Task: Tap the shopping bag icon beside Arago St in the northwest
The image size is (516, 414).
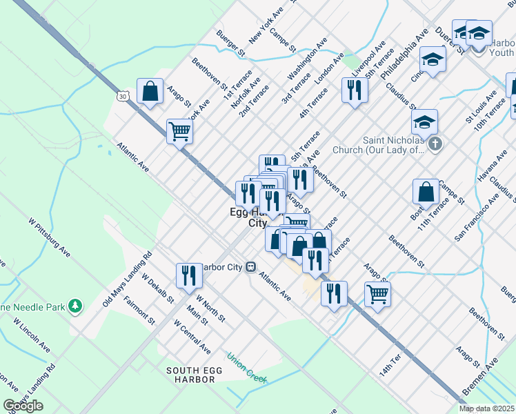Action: [150, 92]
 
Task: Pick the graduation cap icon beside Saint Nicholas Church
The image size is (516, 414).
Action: [424, 122]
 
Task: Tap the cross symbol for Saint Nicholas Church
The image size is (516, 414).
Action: [435, 144]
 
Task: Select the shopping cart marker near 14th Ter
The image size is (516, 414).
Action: [377, 294]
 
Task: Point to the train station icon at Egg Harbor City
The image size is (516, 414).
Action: [251, 266]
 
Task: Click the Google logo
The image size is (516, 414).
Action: [23, 406]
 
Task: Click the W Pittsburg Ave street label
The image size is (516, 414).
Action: [49, 238]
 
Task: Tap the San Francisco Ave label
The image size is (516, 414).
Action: [476, 217]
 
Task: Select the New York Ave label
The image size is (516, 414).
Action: [266, 26]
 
